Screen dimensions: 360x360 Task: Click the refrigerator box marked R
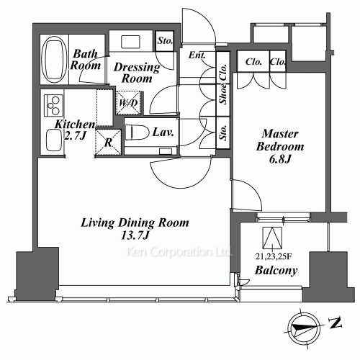tap(107, 142)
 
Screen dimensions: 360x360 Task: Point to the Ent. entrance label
tap(196, 55)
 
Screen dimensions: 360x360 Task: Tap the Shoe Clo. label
tap(223, 93)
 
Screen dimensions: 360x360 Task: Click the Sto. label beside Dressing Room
tap(165, 41)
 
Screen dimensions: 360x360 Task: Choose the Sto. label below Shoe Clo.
tap(224, 132)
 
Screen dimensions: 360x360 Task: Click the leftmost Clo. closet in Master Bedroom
tap(253, 63)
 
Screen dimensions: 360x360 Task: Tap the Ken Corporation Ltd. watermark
tap(179, 253)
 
